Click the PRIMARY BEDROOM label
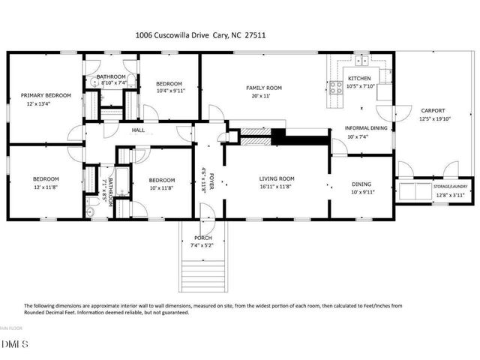pos(45,95)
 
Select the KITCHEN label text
pos(358,78)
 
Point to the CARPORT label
pos(433,110)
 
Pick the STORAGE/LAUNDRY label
pos(433,187)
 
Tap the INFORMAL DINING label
pos(366,128)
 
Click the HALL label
pos(139,130)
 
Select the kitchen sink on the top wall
pos(361,61)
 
